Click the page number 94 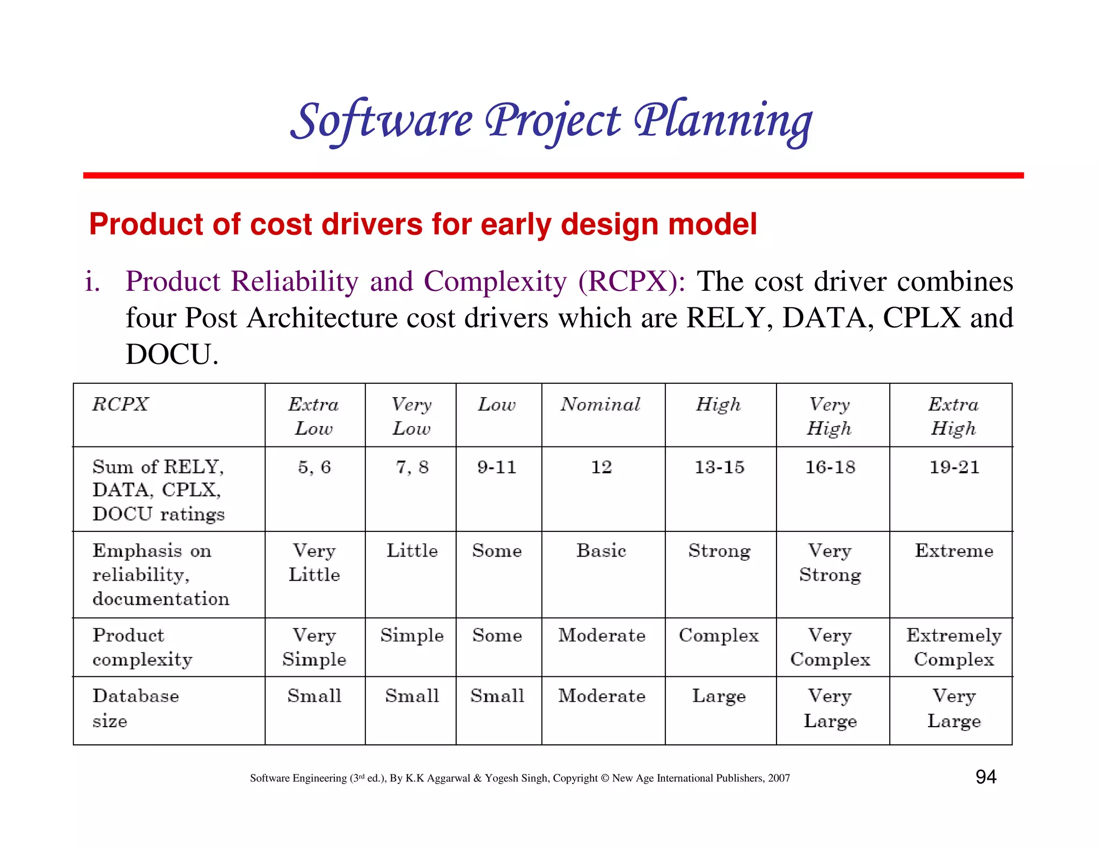tap(985, 777)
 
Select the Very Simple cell tap(314, 647)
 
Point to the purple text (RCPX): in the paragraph tap(631, 281)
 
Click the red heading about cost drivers tap(423, 224)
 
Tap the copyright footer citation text tap(519, 778)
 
